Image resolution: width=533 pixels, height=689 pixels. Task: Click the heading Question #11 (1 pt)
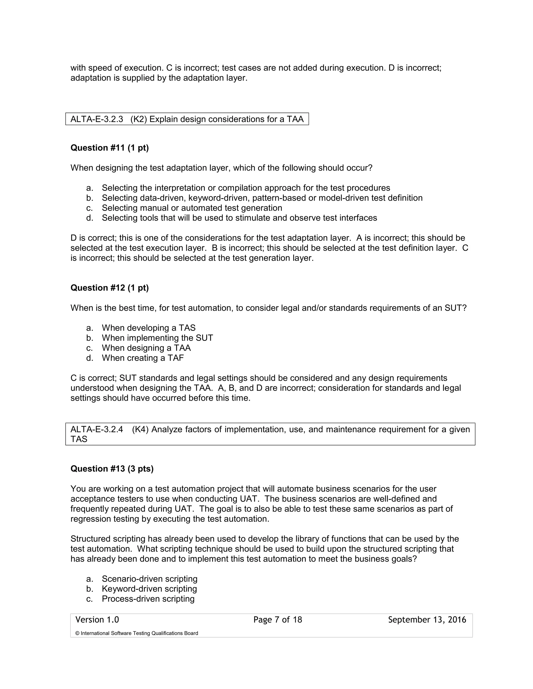pyautogui.click(x=109, y=148)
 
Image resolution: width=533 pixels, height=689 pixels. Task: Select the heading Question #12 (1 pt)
pyautogui.click(x=109, y=288)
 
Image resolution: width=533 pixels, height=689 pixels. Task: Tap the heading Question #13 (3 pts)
pyautogui.click(x=112, y=469)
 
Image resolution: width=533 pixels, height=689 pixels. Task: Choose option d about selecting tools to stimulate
pyautogui.click(x=239, y=218)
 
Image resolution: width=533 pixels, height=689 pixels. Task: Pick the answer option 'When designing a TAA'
pyautogui.click(x=146, y=348)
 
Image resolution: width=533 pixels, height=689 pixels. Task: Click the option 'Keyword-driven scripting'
pyautogui.click(x=149, y=589)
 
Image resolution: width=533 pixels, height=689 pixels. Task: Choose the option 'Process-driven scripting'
pyautogui.click(x=148, y=599)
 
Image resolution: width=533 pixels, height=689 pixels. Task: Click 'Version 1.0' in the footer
pyautogui.click(x=97, y=620)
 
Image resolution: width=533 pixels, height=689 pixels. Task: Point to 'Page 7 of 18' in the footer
pyautogui.click(x=277, y=620)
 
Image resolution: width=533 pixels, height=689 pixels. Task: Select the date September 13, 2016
pyautogui.click(x=427, y=620)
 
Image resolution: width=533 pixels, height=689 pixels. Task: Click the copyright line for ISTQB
pyautogui.click(x=136, y=633)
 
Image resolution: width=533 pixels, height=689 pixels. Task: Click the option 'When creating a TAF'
pyautogui.click(x=142, y=358)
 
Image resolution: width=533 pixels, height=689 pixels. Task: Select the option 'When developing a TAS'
pyautogui.click(x=148, y=328)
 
